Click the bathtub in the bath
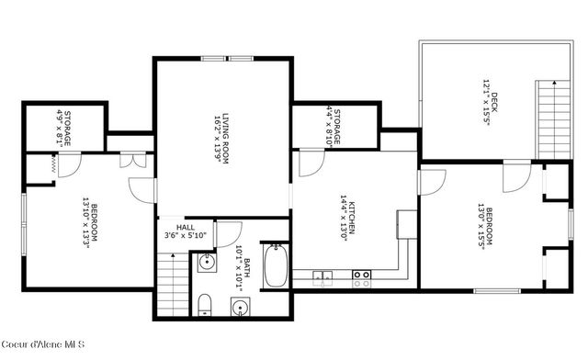pyautogui.click(x=276, y=267)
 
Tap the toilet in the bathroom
pyautogui.click(x=206, y=304)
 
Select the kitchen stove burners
pyautogui.click(x=362, y=278)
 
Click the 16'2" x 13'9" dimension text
pyautogui.click(x=215, y=138)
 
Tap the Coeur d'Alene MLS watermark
pyautogui.click(x=44, y=344)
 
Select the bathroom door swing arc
pyautogui.click(x=229, y=233)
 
